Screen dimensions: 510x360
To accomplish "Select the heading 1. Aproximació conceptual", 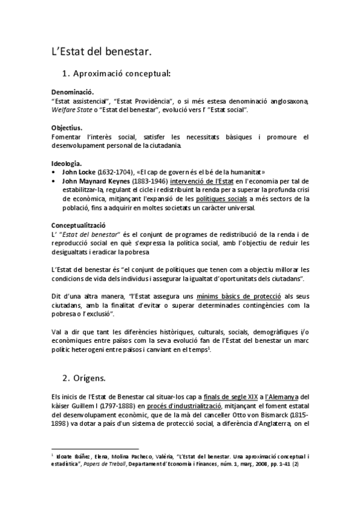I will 116,74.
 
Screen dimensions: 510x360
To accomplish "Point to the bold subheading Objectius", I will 67,128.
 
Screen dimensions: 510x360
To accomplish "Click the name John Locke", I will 78,171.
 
